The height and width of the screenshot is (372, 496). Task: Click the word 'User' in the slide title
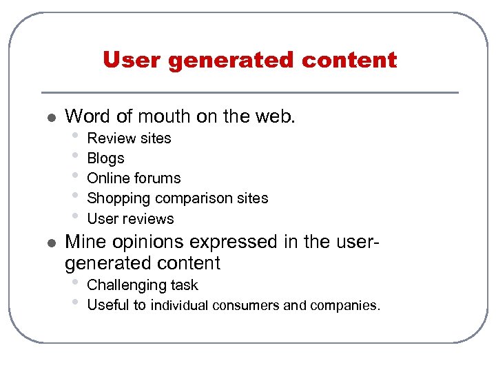(132, 61)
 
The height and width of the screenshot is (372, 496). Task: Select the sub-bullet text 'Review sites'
(129, 138)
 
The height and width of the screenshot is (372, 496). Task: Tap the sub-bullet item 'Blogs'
(105, 158)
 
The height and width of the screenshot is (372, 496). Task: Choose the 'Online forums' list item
(134, 178)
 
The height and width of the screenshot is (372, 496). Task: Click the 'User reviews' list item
(130, 219)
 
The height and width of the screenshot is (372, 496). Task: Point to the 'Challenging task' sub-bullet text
(142, 285)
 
